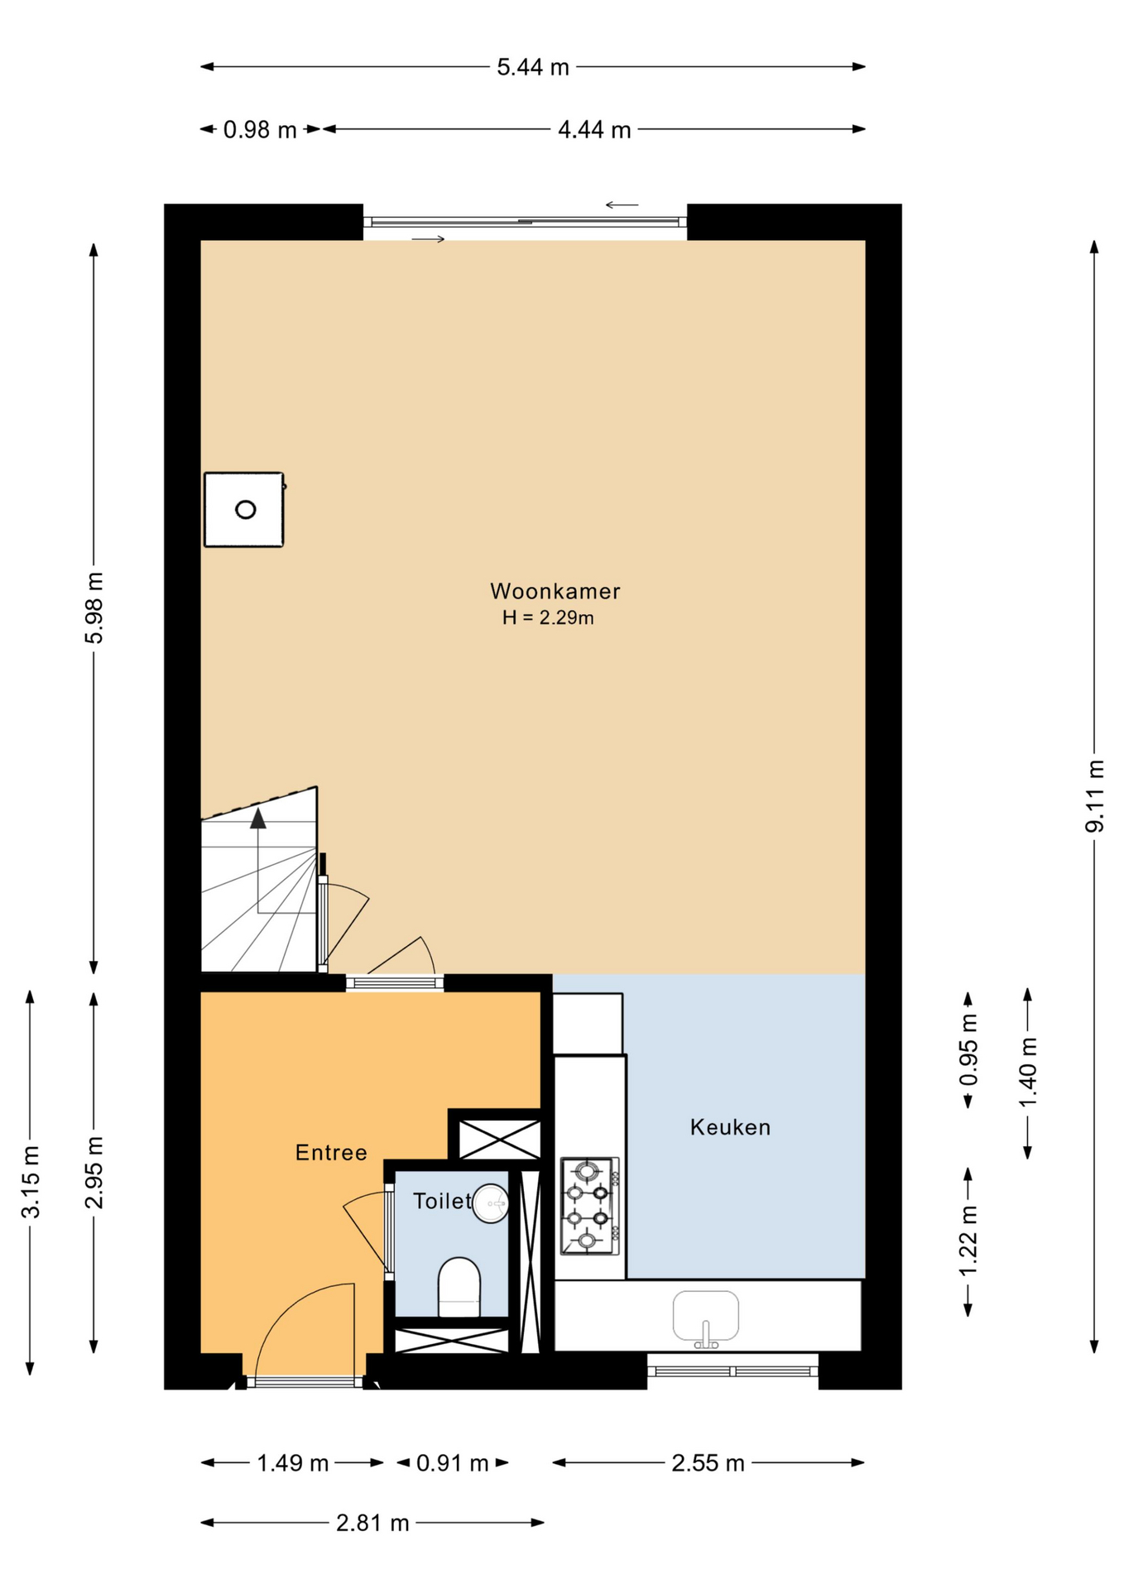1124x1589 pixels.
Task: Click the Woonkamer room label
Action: pyautogui.click(x=555, y=591)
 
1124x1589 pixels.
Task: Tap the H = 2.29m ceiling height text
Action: pyautogui.click(x=548, y=617)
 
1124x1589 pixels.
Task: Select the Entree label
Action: pyautogui.click(x=331, y=1152)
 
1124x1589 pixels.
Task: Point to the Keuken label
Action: pyautogui.click(x=730, y=1126)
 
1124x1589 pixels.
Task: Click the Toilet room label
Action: pyautogui.click(x=443, y=1200)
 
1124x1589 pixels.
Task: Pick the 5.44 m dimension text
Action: pyautogui.click(x=533, y=67)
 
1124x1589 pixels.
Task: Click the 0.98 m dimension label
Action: pyautogui.click(x=260, y=130)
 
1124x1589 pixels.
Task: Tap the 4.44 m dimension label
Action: pyautogui.click(x=594, y=130)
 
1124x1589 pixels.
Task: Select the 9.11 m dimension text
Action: pyautogui.click(x=1095, y=795)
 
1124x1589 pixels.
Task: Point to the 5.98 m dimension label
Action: pyautogui.click(x=94, y=607)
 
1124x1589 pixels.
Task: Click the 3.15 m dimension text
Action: pyautogui.click(x=31, y=1182)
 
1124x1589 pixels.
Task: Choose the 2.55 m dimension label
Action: pyautogui.click(x=708, y=1463)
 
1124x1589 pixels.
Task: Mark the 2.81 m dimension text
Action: pyautogui.click(x=372, y=1523)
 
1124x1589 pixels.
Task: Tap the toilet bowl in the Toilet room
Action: pyautogui.click(x=459, y=1287)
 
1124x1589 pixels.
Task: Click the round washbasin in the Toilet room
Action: pyautogui.click(x=491, y=1203)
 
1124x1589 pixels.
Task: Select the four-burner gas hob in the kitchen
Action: pyautogui.click(x=589, y=1206)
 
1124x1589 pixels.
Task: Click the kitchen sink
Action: pyautogui.click(x=705, y=1317)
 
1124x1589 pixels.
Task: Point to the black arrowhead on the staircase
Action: pyautogui.click(x=258, y=818)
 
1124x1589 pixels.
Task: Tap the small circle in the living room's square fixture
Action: pyautogui.click(x=245, y=510)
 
